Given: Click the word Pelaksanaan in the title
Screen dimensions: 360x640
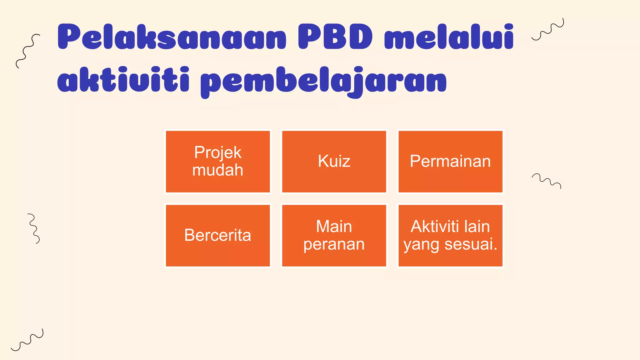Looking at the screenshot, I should click(172, 37).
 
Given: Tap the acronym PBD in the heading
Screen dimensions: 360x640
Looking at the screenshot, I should click(335, 37).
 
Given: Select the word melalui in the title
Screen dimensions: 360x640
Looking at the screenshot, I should click(449, 37).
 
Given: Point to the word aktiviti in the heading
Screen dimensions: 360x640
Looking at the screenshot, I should click(123, 80).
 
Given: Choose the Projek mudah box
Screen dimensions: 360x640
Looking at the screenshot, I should click(218, 162).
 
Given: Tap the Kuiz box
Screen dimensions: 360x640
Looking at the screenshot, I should click(334, 162).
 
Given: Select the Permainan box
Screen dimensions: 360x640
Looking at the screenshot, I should click(450, 162).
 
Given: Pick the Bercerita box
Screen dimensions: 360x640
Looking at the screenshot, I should click(218, 236).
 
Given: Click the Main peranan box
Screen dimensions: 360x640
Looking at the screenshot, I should click(334, 236).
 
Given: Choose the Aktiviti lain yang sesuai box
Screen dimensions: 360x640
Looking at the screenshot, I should click(450, 236).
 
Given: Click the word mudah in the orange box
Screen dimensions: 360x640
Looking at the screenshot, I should click(218, 170).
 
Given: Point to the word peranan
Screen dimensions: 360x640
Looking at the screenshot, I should click(334, 244).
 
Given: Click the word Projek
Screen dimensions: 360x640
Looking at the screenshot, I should click(218, 152).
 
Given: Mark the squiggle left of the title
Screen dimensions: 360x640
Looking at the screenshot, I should click(27, 51).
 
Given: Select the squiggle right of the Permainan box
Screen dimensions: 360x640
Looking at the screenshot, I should click(547, 181).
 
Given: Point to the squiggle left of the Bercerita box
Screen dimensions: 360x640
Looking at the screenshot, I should click(34, 228).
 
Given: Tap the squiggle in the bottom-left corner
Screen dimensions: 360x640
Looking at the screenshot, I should click(27, 340).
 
